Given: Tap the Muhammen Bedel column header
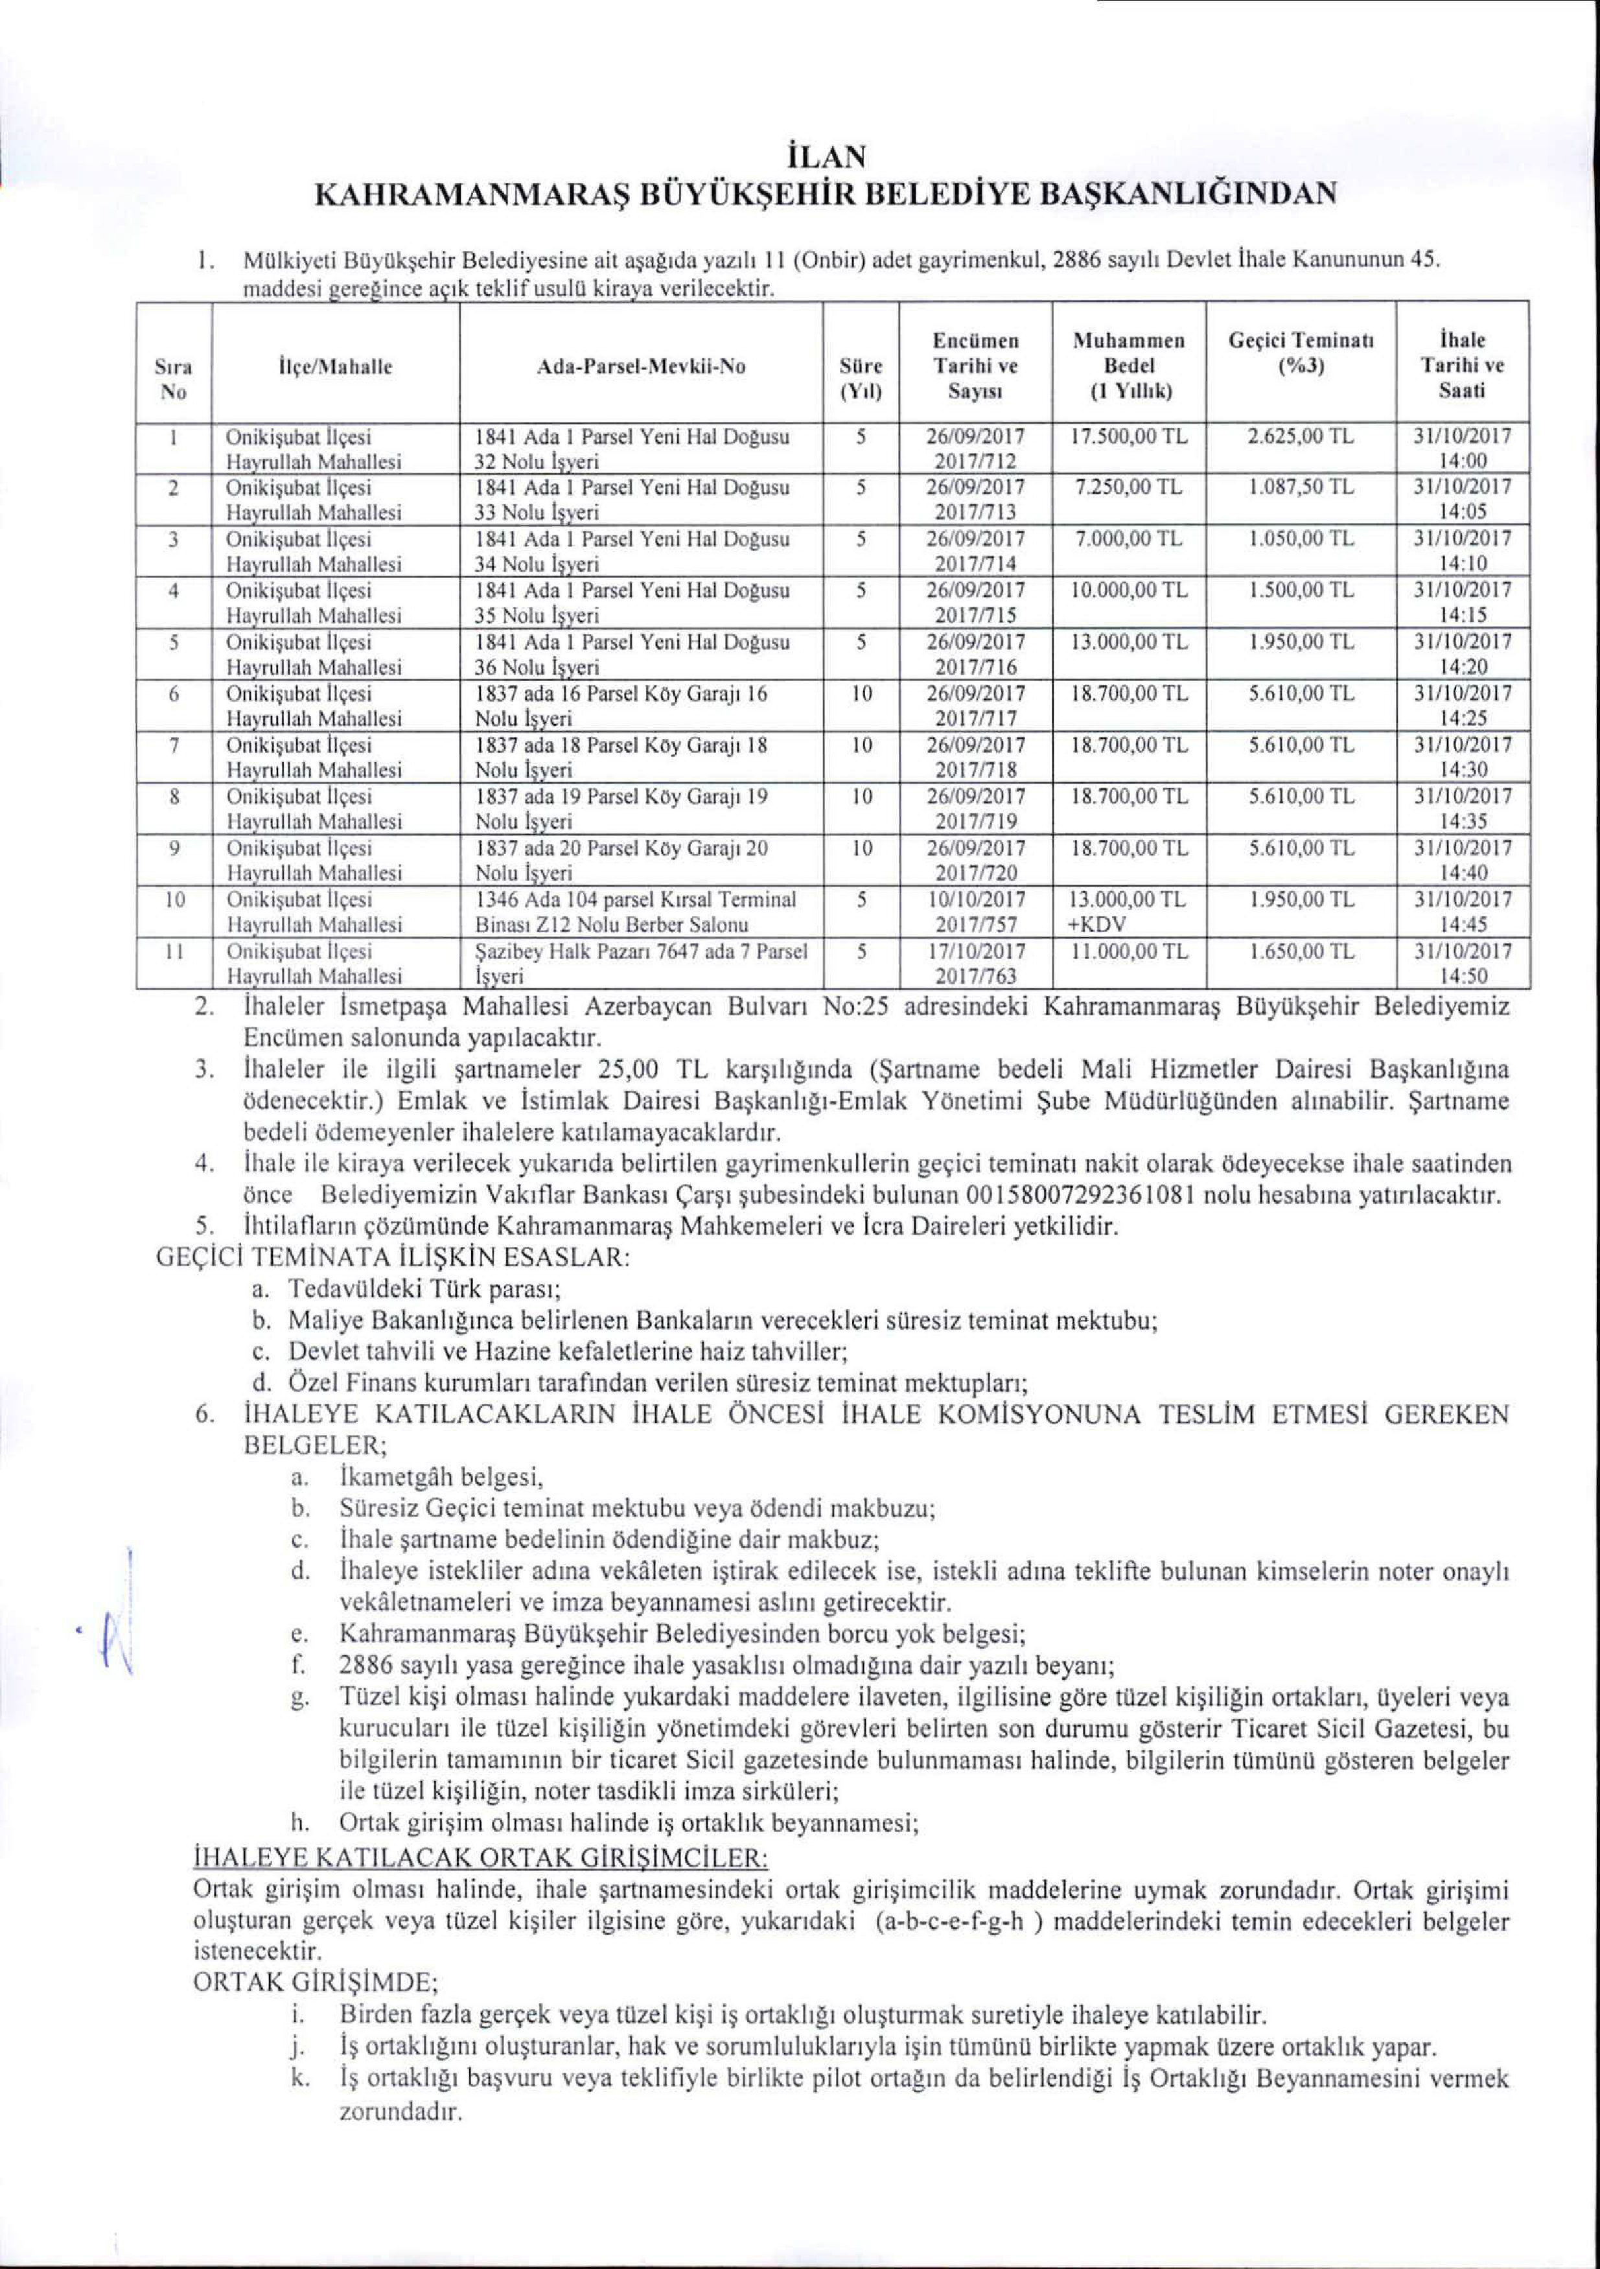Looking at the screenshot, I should click(1129, 366).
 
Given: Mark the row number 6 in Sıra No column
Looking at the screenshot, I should click(173, 693).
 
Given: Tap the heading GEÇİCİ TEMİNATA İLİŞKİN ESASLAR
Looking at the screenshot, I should click(392, 1259).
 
